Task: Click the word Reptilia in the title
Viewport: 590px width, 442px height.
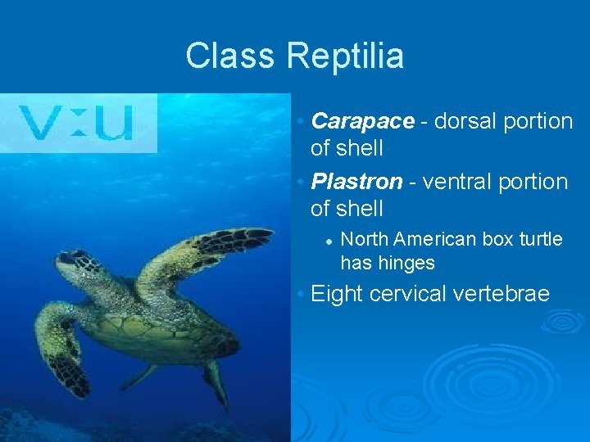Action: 345,56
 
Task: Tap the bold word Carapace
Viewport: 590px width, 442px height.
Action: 363,121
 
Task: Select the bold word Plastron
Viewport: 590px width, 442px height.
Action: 357,181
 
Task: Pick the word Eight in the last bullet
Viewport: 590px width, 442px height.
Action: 338,293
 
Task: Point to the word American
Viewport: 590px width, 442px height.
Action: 434,239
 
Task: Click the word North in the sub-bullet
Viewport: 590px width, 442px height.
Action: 365,239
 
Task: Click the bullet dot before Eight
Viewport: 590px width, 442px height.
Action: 302,294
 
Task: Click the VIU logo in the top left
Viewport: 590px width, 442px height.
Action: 78,123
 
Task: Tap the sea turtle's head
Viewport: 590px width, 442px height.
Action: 78,264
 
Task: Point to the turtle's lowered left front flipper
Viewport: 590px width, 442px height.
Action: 61,344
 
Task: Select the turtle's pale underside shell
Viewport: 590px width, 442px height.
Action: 147,327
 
